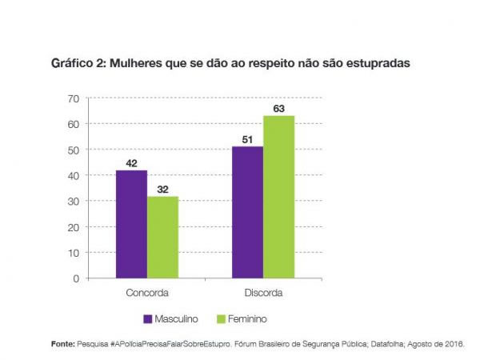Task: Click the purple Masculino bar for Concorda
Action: coord(131,224)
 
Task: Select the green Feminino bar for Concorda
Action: coord(162,237)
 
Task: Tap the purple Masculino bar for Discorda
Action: coord(248,212)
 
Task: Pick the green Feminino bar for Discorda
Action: coord(279,197)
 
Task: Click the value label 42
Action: coord(132,162)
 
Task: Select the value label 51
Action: coord(248,139)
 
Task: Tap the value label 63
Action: coord(279,108)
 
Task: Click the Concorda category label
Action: coord(147,292)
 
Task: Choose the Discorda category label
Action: coord(263,292)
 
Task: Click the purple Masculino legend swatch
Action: coord(148,318)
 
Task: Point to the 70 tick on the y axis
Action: coord(73,98)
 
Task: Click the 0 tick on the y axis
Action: coord(76,278)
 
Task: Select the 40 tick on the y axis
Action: coord(73,176)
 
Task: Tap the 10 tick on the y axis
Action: coord(73,253)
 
